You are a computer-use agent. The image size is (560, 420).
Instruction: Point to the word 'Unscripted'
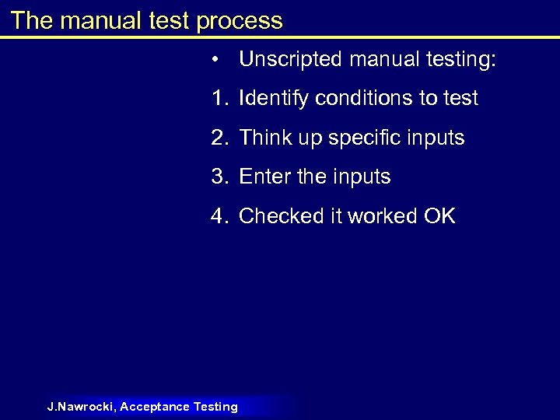pos(292,60)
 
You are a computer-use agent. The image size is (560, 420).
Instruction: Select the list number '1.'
pos(220,99)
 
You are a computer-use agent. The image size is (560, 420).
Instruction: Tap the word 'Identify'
pos(272,99)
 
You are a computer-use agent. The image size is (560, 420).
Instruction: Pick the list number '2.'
pos(220,138)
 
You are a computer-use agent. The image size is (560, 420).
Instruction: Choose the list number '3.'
pos(220,177)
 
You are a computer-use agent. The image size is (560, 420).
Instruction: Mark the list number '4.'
pos(220,215)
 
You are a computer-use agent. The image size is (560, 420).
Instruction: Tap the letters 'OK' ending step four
pos(439,215)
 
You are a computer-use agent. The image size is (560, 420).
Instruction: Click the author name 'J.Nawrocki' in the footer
pos(81,406)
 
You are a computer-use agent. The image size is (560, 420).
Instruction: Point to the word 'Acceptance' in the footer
pos(156,406)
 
